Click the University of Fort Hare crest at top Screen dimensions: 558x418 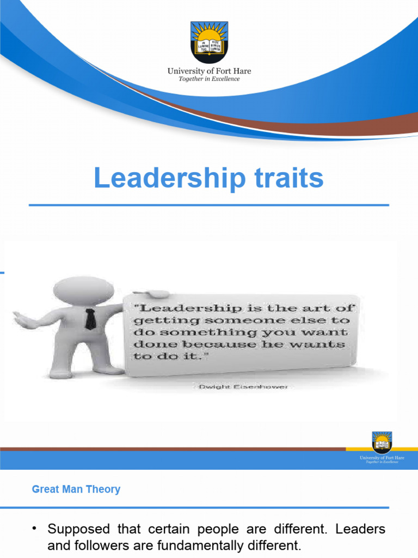[x=209, y=42]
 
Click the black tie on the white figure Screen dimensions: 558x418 [x=90, y=319]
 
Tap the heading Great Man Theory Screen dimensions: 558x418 [x=76, y=489]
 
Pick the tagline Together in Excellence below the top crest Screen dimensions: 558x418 [x=209, y=79]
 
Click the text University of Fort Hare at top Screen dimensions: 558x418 [x=209, y=71]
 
